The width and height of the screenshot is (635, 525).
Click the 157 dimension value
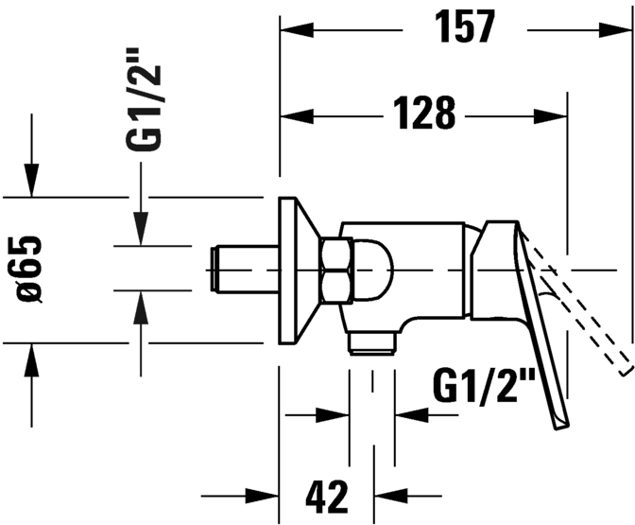pyautogui.click(x=465, y=26)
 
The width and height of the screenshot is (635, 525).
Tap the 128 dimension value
pyautogui.click(x=424, y=114)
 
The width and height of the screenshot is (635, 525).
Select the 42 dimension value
pyautogui.click(x=326, y=497)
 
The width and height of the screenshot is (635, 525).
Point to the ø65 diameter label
pyautogui.click(x=29, y=269)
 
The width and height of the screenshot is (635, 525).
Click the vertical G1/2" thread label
pyautogui.click(x=144, y=99)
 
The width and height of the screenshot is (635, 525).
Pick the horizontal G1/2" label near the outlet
pyautogui.click(x=484, y=386)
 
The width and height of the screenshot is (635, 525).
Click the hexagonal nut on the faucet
pyautogui.click(x=335, y=271)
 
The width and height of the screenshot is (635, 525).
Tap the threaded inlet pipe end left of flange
pyautogui.click(x=213, y=269)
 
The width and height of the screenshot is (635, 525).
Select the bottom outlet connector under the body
pyautogui.click(x=371, y=343)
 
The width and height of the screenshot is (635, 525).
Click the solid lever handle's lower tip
pyautogui.click(x=561, y=427)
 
